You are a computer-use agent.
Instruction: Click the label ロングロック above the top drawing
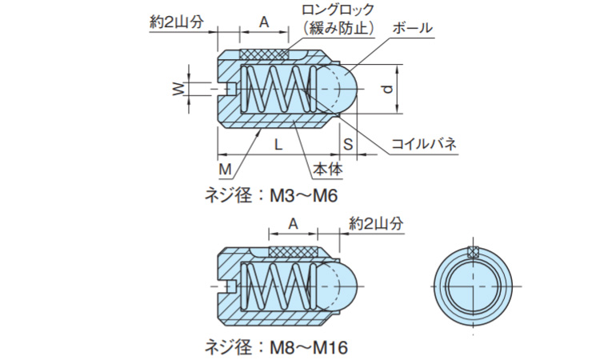tap(338, 10)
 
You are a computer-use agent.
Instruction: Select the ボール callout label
tap(412, 28)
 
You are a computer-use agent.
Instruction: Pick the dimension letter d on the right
tap(387, 89)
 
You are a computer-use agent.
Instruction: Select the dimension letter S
tap(348, 145)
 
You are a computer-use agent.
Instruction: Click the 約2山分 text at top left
tap(178, 22)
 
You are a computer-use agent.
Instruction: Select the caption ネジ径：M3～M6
tap(268, 196)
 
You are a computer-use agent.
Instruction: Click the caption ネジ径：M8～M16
tap(276, 348)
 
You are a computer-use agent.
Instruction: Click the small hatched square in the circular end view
tap(474, 254)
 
